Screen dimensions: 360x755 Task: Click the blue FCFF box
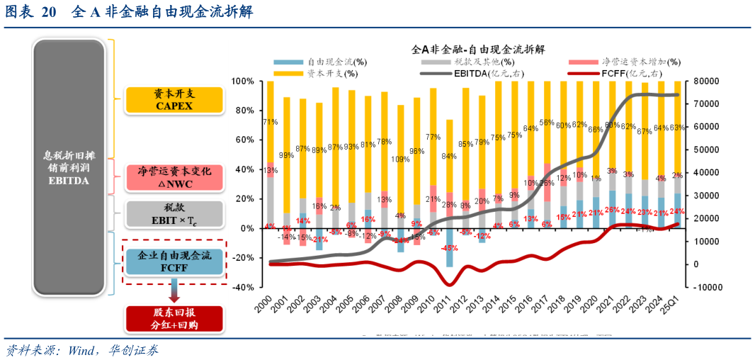coord(174,261)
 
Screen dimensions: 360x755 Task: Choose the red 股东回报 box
coord(174,319)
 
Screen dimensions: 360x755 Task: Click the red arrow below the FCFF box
coord(174,292)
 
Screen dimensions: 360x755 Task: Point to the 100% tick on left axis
coord(242,81)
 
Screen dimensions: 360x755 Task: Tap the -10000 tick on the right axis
coord(706,288)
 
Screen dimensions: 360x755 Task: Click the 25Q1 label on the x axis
coord(675,309)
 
